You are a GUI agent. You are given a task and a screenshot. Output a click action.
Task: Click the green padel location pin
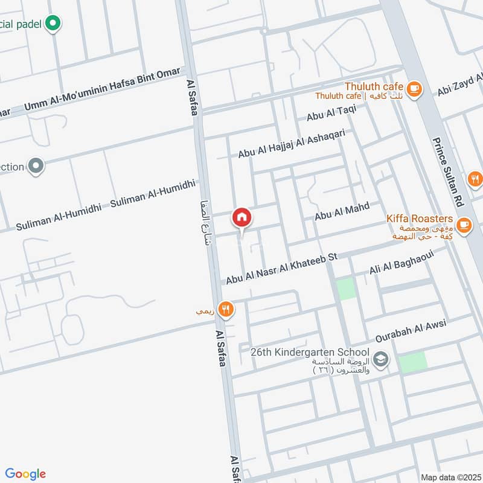(54, 23)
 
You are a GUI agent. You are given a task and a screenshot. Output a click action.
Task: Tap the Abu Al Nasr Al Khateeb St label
(281, 268)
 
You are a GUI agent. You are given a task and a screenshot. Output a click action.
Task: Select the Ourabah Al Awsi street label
(411, 329)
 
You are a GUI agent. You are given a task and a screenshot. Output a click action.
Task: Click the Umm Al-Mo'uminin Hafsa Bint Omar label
(103, 90)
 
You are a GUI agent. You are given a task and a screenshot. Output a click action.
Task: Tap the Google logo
(25, 473)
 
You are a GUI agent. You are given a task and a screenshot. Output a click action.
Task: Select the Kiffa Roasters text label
(420, 217)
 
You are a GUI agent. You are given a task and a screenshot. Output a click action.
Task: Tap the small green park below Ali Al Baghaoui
(347, 289)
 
